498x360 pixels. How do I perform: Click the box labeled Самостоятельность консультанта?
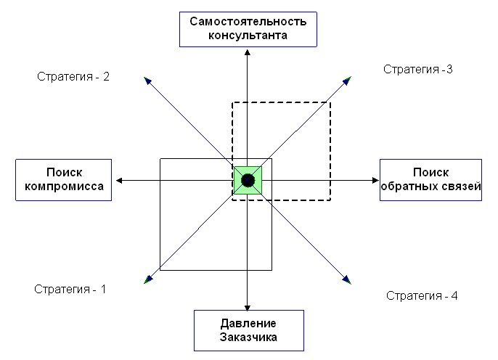pos(248,29)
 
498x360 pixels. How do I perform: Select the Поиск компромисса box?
pos(64,180)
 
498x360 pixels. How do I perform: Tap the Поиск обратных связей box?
pos(430,180)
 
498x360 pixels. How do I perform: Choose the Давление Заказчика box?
pos(249,330)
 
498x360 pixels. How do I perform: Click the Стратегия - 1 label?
pos(70,289)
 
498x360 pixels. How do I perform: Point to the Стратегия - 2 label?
pos(73,76)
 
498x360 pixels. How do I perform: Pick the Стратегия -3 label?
pos(417,69)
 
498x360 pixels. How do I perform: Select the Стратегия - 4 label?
pos(422,295)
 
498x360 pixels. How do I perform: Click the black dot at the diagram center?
pos(248,180)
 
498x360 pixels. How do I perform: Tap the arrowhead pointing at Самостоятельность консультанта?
pos(248,52)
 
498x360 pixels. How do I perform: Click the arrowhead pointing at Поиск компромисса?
pos(119,181)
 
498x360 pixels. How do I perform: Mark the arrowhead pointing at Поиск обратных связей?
pos(375,180)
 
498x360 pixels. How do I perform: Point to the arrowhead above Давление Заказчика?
pos(248,307)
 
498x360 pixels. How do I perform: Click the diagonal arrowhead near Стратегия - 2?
pos(147,81)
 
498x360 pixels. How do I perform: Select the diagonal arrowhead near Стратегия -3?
pos(347,81)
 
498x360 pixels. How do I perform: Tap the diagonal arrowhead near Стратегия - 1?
pos(148,279)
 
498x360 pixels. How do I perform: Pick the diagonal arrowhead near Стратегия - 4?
pos(347,279)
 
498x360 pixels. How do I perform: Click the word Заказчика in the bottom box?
pos(248,337)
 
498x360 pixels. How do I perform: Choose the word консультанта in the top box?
pos(248,36)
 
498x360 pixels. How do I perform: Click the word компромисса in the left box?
pos(64,187)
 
